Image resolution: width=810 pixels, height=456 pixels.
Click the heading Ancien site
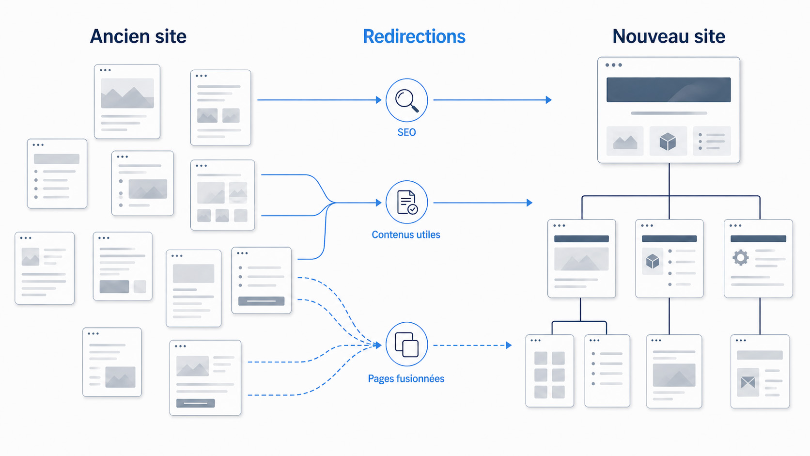click(138, 36)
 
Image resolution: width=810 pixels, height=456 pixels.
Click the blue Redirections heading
click(414, 36)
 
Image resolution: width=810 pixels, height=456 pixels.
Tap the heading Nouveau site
click(669, 36)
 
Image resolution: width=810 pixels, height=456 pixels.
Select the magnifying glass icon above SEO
click(407, 100)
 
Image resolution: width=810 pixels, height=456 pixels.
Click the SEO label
click(407, 132)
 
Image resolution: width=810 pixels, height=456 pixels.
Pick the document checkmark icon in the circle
click(407, 202)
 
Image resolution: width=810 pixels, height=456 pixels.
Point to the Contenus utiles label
click(406, 235)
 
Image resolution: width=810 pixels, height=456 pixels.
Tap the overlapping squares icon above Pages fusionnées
click(407, 344)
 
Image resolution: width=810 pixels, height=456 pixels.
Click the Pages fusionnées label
click(406, 378)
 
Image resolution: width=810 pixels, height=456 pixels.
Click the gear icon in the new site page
click(740, 258)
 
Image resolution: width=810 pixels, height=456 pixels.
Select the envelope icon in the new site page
click(748, 382)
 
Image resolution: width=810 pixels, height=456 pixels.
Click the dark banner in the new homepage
click(669, 90)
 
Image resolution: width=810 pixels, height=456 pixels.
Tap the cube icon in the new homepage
click(668, 141)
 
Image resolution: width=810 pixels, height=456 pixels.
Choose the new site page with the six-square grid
click(550, 371)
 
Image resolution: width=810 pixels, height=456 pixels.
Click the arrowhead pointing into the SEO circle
click(379, 100)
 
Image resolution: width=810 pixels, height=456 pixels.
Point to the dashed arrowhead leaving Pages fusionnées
click(508, 346)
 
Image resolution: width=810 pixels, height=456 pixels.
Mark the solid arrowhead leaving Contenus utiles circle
click(530, 203)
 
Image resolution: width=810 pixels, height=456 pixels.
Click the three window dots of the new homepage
click(614, 65)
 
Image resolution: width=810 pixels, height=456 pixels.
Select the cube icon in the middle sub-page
click(653, 261)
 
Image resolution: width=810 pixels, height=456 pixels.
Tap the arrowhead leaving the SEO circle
click(548, 100)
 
